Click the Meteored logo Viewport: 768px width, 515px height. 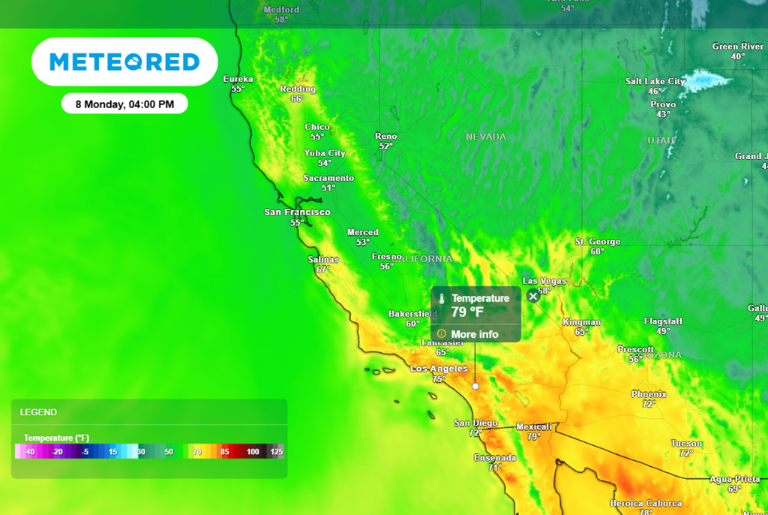coord(124,62)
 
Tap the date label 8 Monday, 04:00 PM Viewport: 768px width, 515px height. coord(124,104)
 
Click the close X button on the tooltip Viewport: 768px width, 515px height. coord(533,296)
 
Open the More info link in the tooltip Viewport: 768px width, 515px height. coord(474,334)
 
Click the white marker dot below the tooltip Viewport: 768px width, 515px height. coord(475,385)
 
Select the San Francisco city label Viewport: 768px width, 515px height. coord(298,212)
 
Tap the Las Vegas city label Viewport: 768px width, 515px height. coord(544,282)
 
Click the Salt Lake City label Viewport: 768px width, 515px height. coord(655,81)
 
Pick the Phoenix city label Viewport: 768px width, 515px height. coord(649,394)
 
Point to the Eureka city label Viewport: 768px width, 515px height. coord(238,79)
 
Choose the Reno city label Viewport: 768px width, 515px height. coord(386,137)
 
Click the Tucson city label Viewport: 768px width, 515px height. coord(686,444)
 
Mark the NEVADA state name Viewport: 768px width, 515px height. coord(486,137)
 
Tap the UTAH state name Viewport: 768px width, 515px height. coord(661,140)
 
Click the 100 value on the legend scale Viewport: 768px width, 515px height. coord(253,452)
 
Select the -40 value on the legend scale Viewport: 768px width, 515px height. coord(29,452)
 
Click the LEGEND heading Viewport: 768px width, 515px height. coord(38,412)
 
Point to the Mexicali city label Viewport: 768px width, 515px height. coord(533,427)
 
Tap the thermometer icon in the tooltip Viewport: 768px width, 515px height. coord(442,299)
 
